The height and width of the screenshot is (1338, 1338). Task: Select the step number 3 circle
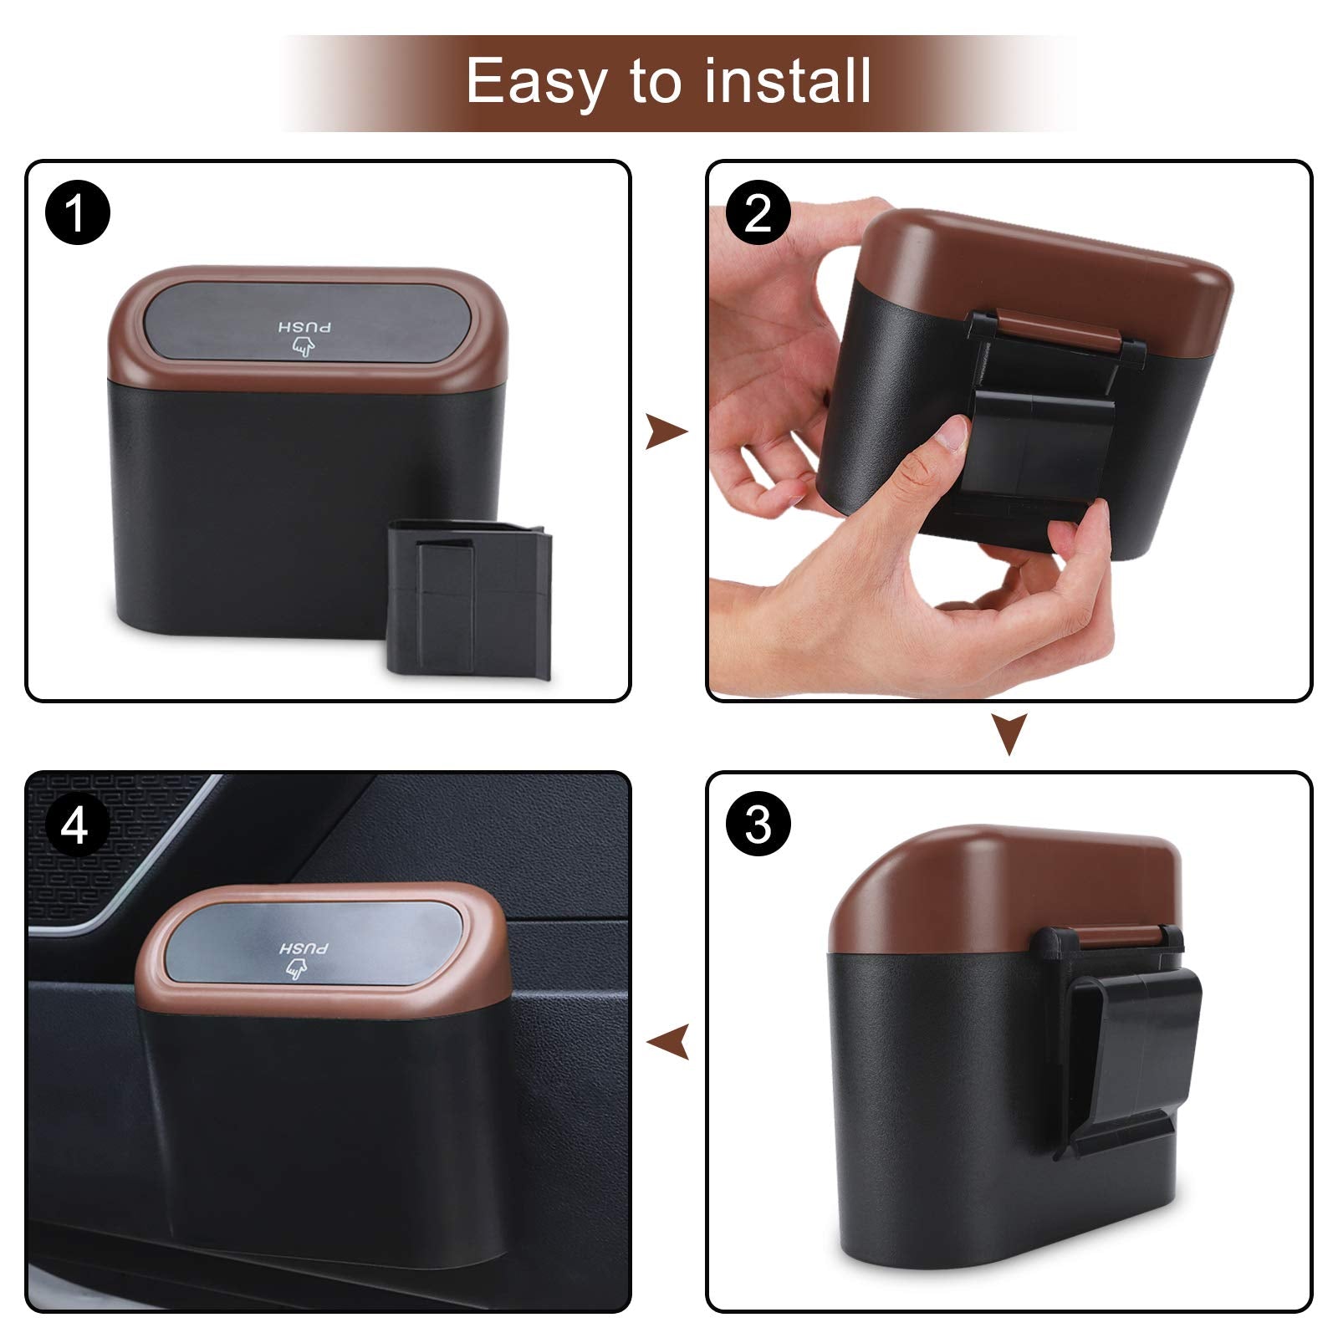tap(758, 825)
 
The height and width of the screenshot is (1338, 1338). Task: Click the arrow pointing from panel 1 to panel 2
tap(666, 432)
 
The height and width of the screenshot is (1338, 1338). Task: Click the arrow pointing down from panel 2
tap(1009, 733)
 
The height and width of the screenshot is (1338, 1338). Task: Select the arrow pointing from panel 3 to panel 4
tap(669, 1043)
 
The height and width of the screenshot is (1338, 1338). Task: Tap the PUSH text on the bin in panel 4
tap(303, 948)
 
